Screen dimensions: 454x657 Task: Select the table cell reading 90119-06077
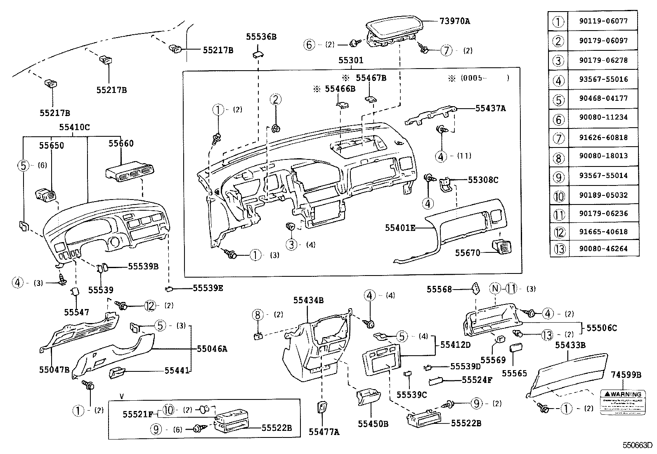pos(603,21)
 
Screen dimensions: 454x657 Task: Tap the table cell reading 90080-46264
pos(603,249)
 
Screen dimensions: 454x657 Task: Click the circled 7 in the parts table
pos(558,137)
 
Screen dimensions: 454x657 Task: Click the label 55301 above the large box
pos(351,60)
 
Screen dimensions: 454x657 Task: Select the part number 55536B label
pos(261,36)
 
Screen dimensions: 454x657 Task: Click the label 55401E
pos(400,228)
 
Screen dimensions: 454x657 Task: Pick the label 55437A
pos(490,108)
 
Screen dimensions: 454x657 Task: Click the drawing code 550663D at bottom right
pos(638,445)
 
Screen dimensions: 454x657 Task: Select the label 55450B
pos(373,423)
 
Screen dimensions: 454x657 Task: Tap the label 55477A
pos(324,432)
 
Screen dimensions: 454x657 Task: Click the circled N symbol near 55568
pos(495,289)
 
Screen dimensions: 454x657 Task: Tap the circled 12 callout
pos(150,306)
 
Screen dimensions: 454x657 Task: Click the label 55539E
pos(208,288)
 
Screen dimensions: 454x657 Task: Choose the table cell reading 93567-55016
pos(603,79)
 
